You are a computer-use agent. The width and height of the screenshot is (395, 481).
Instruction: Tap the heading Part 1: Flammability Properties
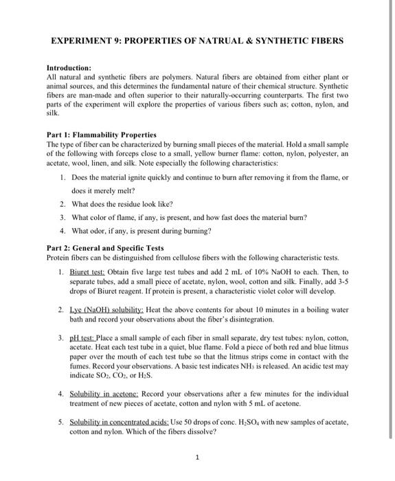[x=101, y=134]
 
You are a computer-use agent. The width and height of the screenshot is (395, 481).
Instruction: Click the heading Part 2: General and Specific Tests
[x=104, y=248]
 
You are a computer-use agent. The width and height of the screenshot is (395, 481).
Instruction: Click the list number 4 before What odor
[x=62, y=230]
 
